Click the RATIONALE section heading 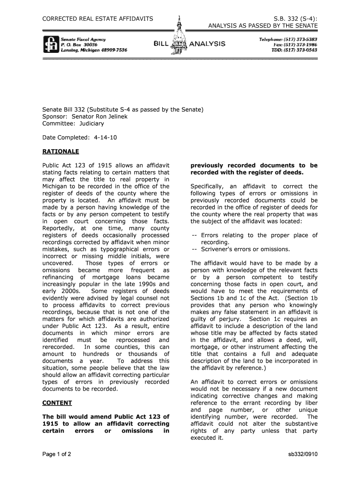pyautogui.click(x=61, y=152)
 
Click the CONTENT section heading pyautogui.click(x=57, y=402)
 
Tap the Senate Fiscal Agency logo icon pyautogui.click(x=50, y=44)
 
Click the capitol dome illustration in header pyautogui.click(x=180, y=37)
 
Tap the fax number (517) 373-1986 pyautogui.click(x=302, y=44)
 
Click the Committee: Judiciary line pyautogui.click(x=73, y=123)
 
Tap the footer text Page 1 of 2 pyautogui.click(x=57, y=454)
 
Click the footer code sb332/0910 pyautogui.click(x=302, y=454)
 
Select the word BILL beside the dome pyautogui.click(x=161, y=44)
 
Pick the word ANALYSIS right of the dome pyautogui.click(x=207, y=44)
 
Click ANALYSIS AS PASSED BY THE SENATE pyautogui.click(x=263, y=25)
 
